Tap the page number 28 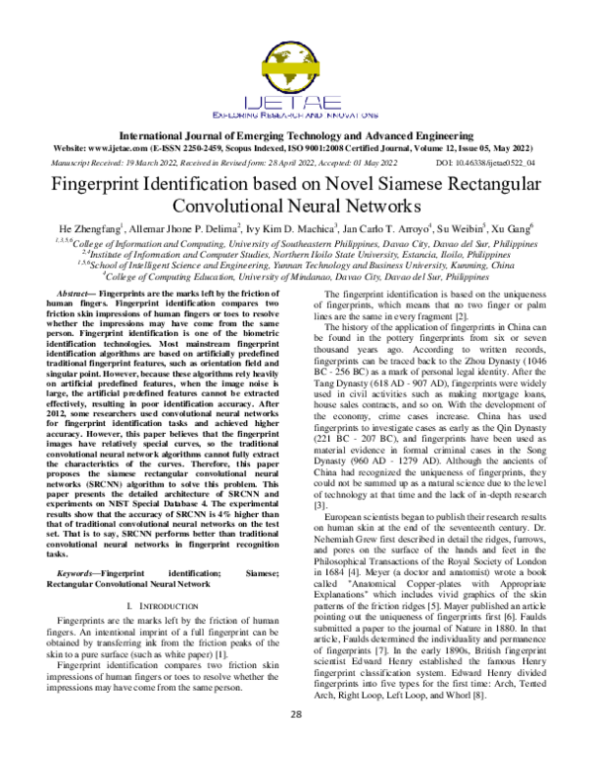point(296,742)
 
